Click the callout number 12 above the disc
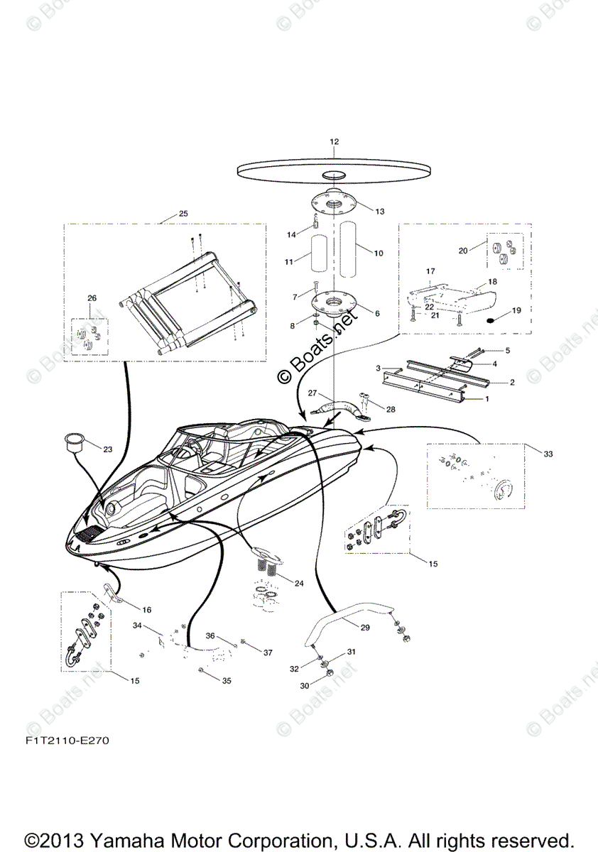point(334,142)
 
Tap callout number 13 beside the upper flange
point(379,212)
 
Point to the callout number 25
point(183,214)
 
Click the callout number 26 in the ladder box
point(92,298)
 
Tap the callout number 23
point(107,449)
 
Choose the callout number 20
point(463,250)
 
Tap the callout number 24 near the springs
point(298,584)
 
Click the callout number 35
point(227,681)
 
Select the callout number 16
point(147,609)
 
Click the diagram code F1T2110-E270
point(69,741)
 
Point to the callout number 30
point(305,686)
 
